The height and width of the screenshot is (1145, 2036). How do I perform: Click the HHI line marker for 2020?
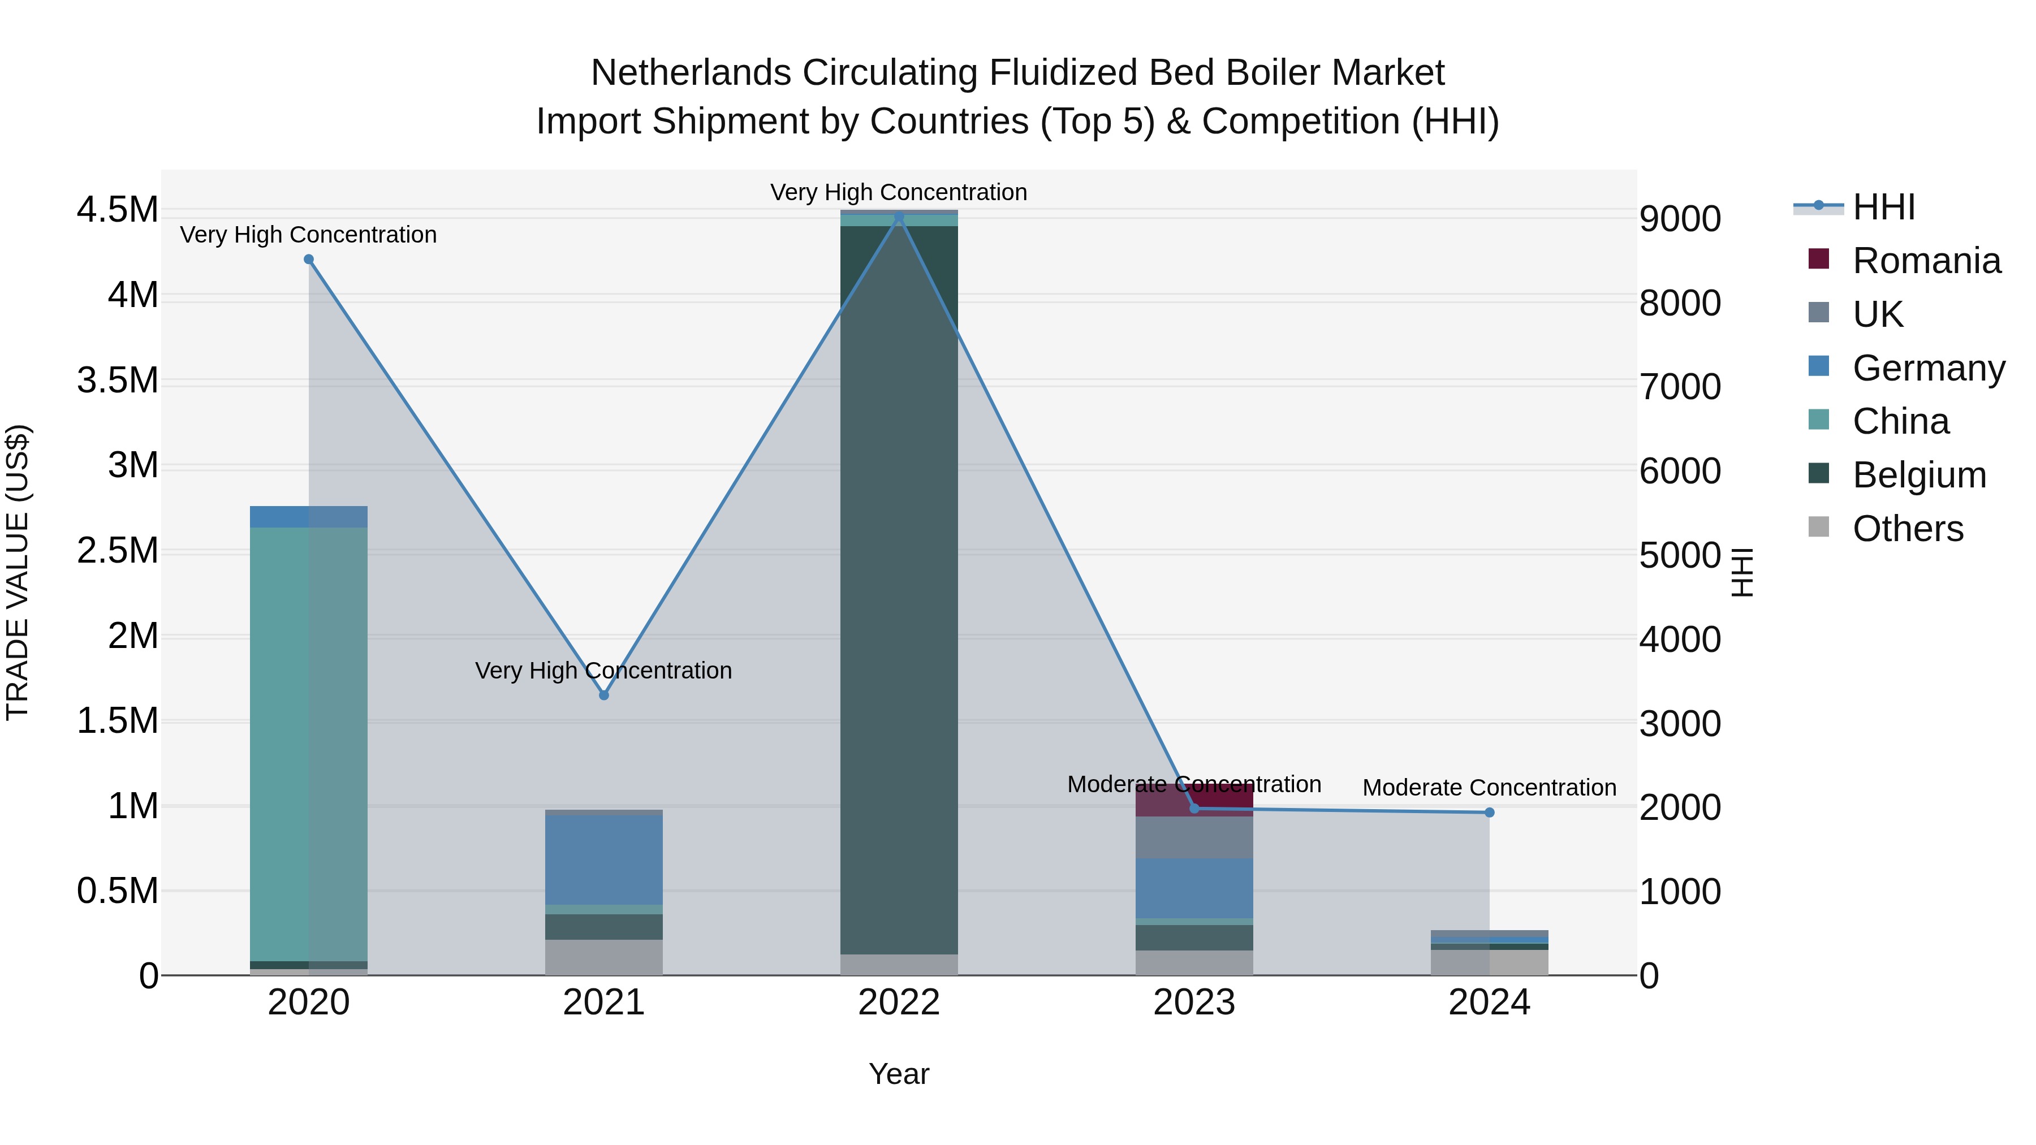pyautogui.click(x=309, y=259)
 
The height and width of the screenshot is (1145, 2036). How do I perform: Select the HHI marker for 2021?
pyautogui.click(x=604, y=695)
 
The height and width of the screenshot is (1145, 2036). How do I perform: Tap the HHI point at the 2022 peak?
pyautogui.click(x=899, y=217)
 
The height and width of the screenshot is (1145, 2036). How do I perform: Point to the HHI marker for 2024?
pyautogui.click(x=1489, y=813)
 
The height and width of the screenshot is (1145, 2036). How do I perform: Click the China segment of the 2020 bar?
pyautogui.click(x=308, y=743)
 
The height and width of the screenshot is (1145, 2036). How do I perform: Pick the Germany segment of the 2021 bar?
pyautogui.click(x=604, y=859)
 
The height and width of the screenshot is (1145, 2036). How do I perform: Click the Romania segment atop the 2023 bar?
pyautogui.click(x=1194, y=800)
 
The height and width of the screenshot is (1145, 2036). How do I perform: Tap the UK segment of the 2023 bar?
pyautogui.click(x=1194, y=837)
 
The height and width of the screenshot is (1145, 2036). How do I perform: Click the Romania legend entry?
pyautogui.click(x=1926, y=261)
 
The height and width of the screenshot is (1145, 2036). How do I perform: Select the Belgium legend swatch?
pyautogui.click(x=1819, y=474)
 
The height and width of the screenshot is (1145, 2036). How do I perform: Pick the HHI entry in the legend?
pyautogui.click(x=1883, y=207)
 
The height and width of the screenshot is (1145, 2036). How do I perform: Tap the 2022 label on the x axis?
pyautogui.click(x=899, y=1003)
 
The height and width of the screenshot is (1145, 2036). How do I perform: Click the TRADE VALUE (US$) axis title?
pyautogui.click(x=18, y=572)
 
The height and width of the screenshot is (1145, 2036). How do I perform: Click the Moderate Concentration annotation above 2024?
pyautogui.click(x=1489, y=787)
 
